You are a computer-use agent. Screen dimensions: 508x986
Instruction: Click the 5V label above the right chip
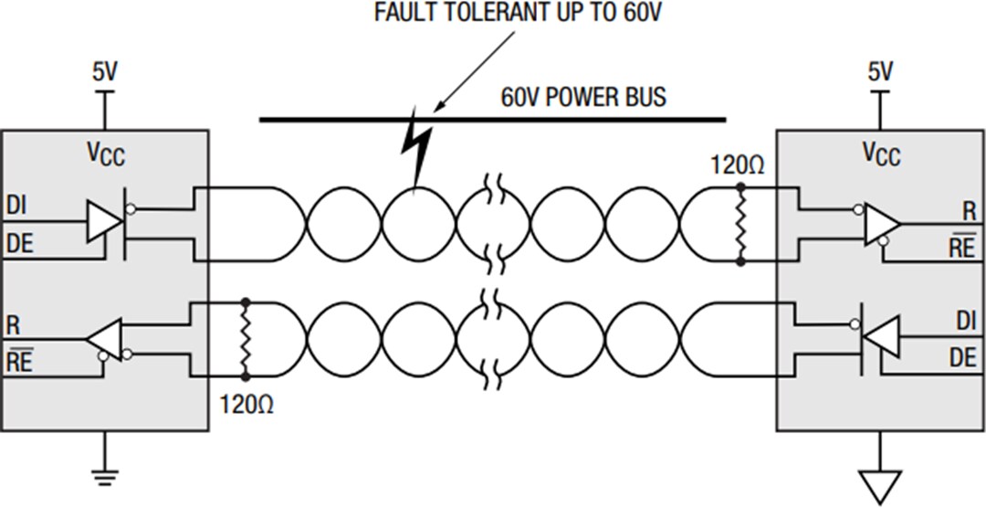point(880,72)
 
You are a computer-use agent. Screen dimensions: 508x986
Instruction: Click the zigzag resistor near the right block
point(739,225)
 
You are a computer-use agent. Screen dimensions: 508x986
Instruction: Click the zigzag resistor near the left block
point(245,338)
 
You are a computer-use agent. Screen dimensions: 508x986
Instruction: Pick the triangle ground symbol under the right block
point(880,484)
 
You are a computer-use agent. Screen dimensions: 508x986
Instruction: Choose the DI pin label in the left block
point(16,205)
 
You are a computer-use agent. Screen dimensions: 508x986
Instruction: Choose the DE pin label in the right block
point(962,358)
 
